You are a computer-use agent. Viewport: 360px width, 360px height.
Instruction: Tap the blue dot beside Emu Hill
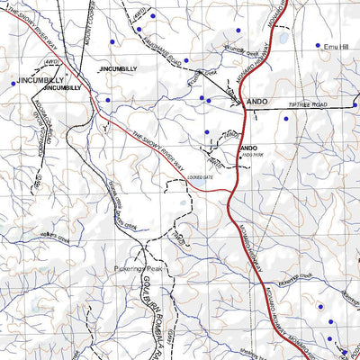pos(317,45)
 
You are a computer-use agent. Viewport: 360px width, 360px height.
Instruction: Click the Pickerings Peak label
pos(137,269)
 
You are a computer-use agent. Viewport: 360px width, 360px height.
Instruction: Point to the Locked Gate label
pos(176,180)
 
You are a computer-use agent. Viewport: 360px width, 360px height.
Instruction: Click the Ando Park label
pos(251,155)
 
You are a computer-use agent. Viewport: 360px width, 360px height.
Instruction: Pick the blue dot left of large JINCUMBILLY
pos(13,83)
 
